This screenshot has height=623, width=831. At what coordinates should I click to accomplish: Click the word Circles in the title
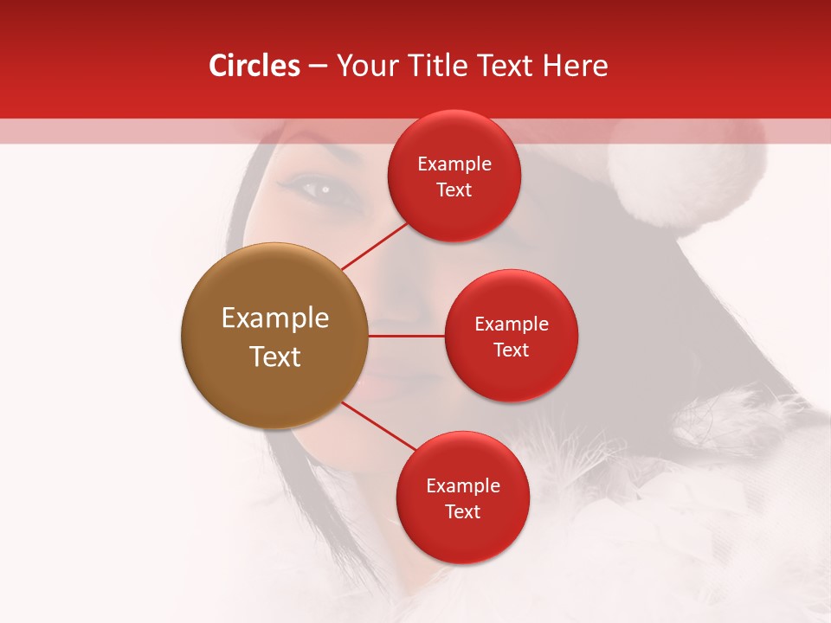point(254,66)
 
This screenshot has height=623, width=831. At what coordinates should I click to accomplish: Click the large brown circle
point(274,336)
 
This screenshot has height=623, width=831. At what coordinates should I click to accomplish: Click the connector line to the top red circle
point(375,247)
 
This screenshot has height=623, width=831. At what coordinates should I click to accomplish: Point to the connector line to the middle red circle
point(407,335)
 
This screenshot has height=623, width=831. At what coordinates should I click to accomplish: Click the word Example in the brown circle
point(274,318)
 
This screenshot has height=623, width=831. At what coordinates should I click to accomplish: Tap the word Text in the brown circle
point(274,356)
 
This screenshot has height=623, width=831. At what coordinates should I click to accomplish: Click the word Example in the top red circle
point(454,164)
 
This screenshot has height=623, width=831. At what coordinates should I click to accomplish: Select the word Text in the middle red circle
point(511,350)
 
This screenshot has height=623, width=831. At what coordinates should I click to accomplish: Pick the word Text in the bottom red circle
point(462,511)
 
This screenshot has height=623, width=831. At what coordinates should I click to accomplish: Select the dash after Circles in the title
point(317,67)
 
